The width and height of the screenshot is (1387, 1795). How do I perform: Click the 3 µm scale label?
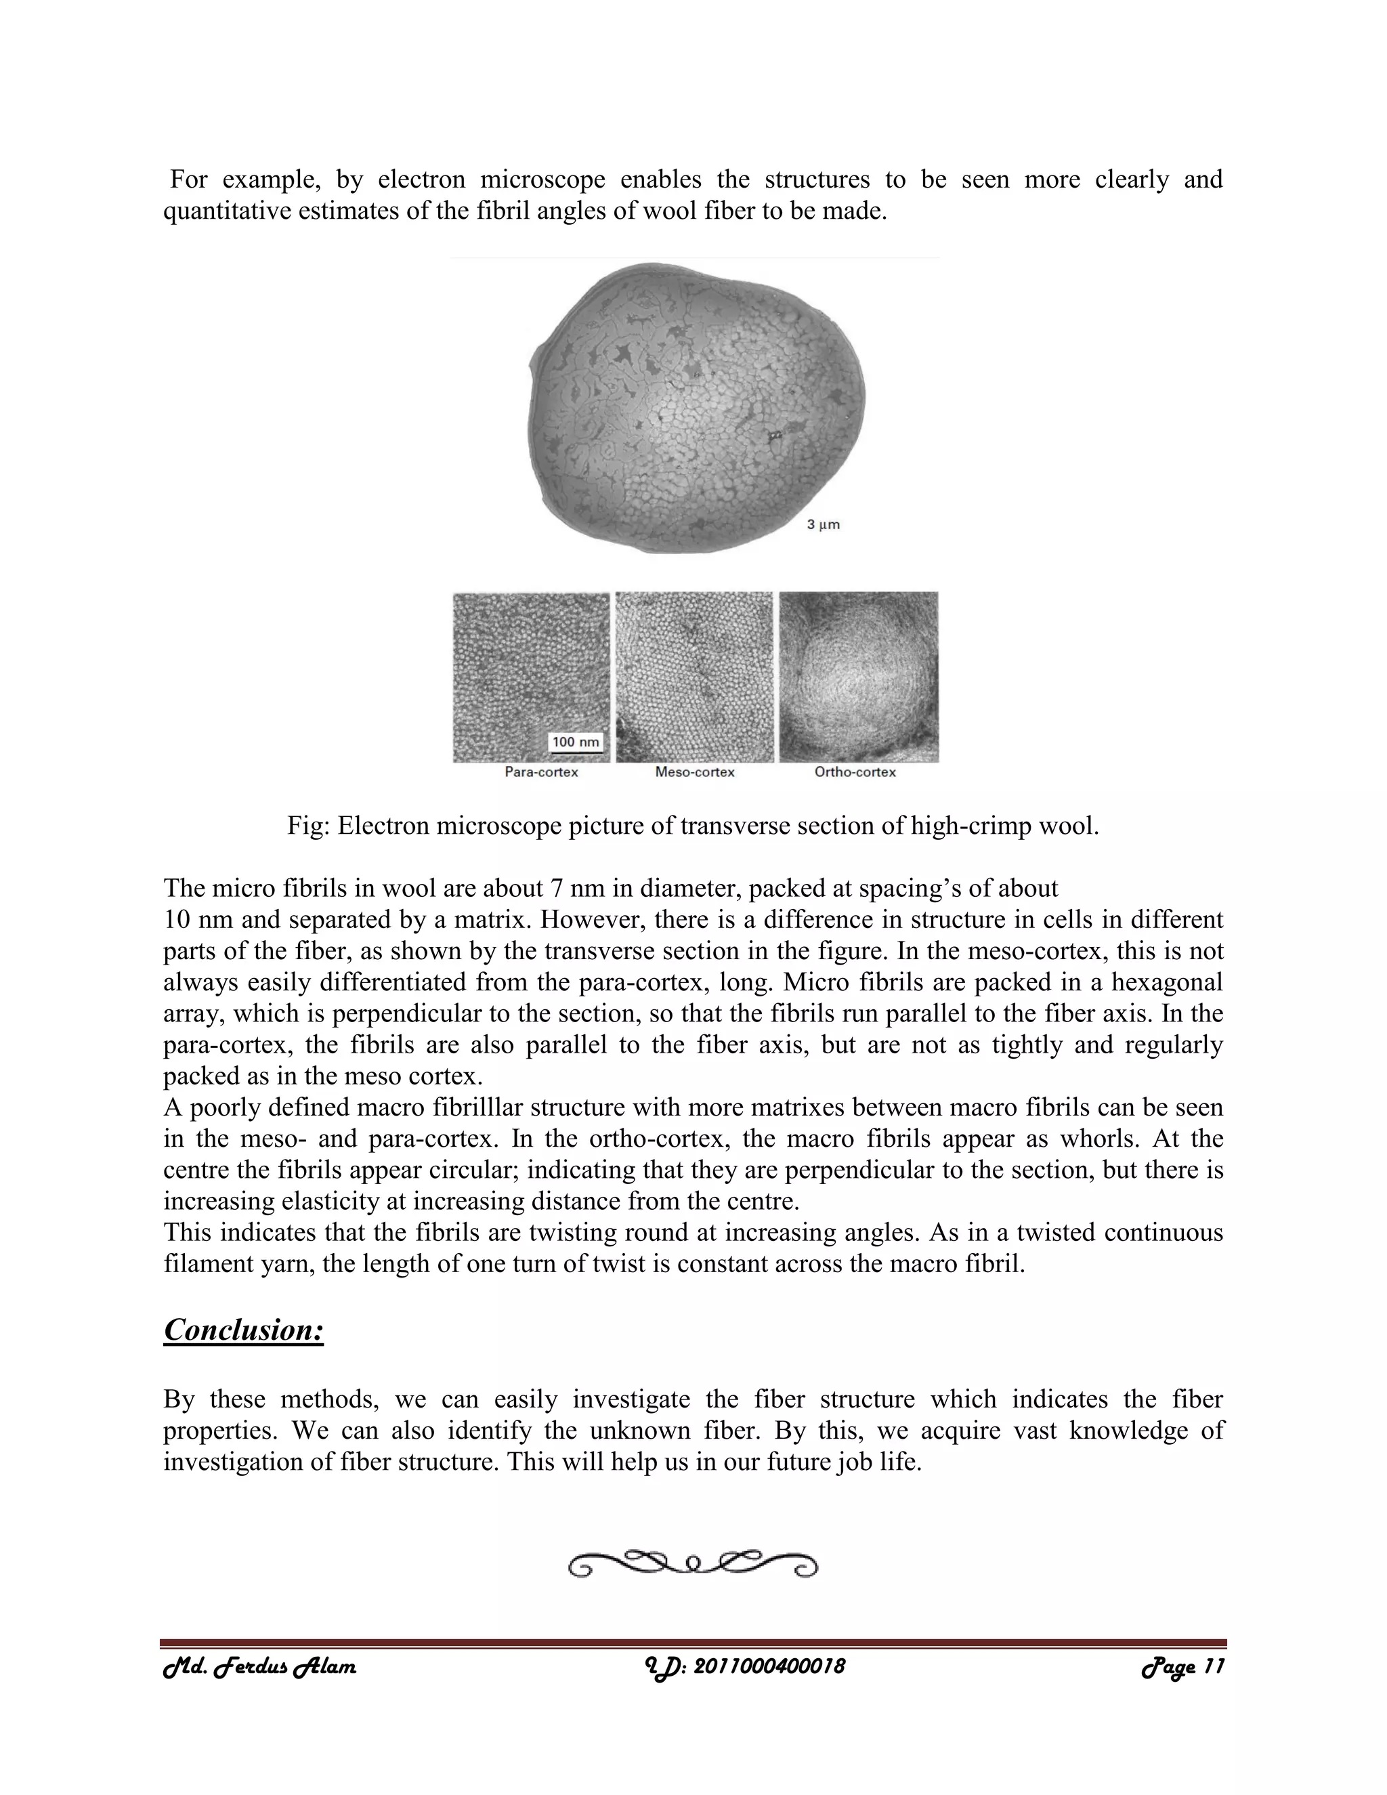[x=822, y=524]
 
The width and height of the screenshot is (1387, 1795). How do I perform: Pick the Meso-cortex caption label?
[x=694, y=773]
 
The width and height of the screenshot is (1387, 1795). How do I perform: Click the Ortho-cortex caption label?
[x=855, y=773]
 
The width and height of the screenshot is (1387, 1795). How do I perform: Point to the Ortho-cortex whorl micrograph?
[x=859, y=677]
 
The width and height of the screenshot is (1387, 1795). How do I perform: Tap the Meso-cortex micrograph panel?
[x=694, y=677]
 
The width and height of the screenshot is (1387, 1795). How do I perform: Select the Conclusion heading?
[x=243, y=1330]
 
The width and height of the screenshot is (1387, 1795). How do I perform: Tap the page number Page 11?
[x=1183, y=1668]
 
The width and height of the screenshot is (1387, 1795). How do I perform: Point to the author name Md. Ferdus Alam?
[x=259, y=1668]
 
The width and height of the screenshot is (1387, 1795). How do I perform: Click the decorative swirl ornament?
[x=693, y=1564]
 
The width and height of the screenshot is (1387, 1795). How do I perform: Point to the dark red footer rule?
[x=693, y=1643]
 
